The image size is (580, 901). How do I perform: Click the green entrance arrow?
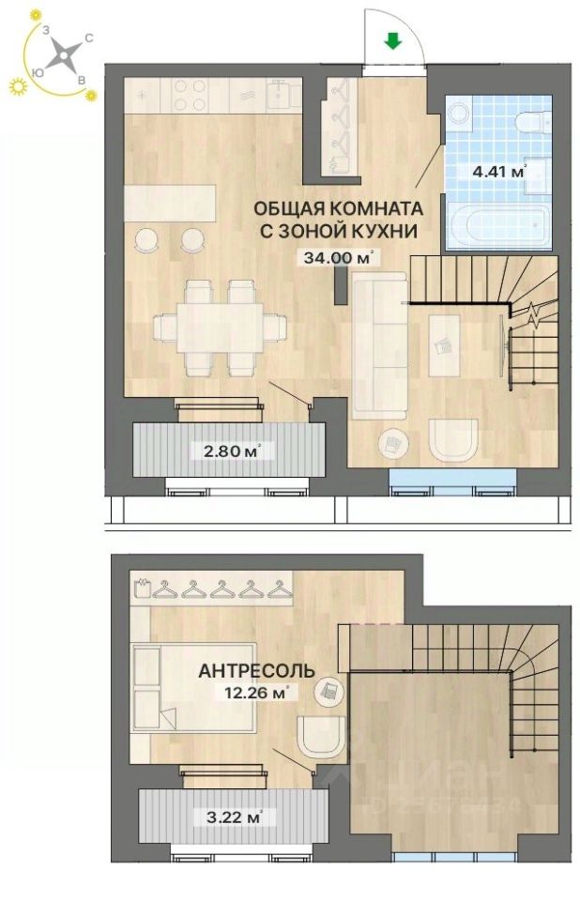393,40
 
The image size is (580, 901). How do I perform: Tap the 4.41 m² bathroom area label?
496,172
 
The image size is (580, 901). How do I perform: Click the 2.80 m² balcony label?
228,450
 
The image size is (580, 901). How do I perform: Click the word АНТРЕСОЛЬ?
255,670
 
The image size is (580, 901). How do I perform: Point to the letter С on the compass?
88,38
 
